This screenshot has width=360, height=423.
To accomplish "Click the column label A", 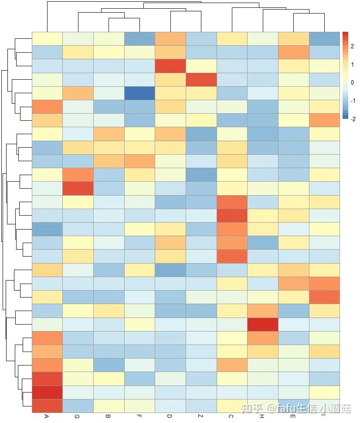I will (47, 416).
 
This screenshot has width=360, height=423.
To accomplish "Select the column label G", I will (78, 416).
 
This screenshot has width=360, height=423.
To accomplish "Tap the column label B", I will (108, 416).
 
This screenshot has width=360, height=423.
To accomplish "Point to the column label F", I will (139, 416).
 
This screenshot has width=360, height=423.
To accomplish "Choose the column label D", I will (170, 416).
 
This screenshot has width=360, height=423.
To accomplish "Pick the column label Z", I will (201, 416).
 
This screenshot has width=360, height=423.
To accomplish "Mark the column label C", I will (231, 416).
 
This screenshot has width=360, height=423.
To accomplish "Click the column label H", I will (262, 416).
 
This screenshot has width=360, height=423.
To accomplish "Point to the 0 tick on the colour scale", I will (352, 83).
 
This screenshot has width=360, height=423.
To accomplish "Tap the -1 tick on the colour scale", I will (352, 101).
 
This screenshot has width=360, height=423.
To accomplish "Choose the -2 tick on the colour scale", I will (352, 118).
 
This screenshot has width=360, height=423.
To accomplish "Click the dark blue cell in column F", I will (139, 93).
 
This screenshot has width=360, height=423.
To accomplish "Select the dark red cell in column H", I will (262, 325).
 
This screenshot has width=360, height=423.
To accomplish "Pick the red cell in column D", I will (170, 66).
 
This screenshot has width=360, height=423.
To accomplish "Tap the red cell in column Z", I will (201, 80).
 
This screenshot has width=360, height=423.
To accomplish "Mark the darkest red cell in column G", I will (78, 188).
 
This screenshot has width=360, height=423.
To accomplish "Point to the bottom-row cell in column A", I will (47, 406).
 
